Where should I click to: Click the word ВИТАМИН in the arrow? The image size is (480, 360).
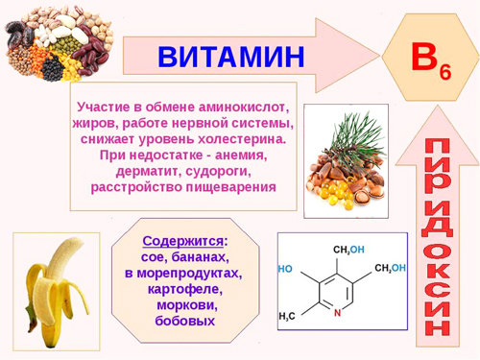[x=231, y=57]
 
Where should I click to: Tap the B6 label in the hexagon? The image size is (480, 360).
[x=430, y=60]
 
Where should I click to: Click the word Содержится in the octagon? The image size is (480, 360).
[x=182, y=240]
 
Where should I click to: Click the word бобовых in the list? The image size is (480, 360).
[x=184, y=321]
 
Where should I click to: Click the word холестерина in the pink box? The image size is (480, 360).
[x=249, y=137]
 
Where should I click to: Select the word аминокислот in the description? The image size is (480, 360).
[x=243, y=106]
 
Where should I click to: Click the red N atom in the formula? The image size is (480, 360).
[x=338, y=313]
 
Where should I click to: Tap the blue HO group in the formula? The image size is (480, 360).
[x=285, y=270]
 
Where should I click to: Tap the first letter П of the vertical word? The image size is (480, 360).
[x=437, y=147]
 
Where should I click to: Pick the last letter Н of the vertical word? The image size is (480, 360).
[x=437, y=323]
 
